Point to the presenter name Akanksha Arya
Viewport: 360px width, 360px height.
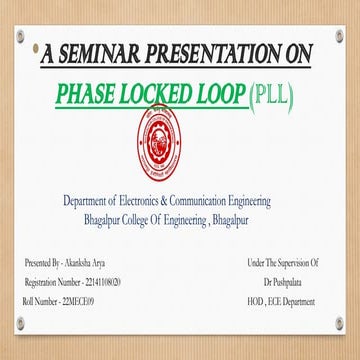click(x=91, y=261)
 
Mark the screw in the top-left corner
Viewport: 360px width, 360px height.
click(x=22, y=40)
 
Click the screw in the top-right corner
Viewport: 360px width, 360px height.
click(x=338, y=40)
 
